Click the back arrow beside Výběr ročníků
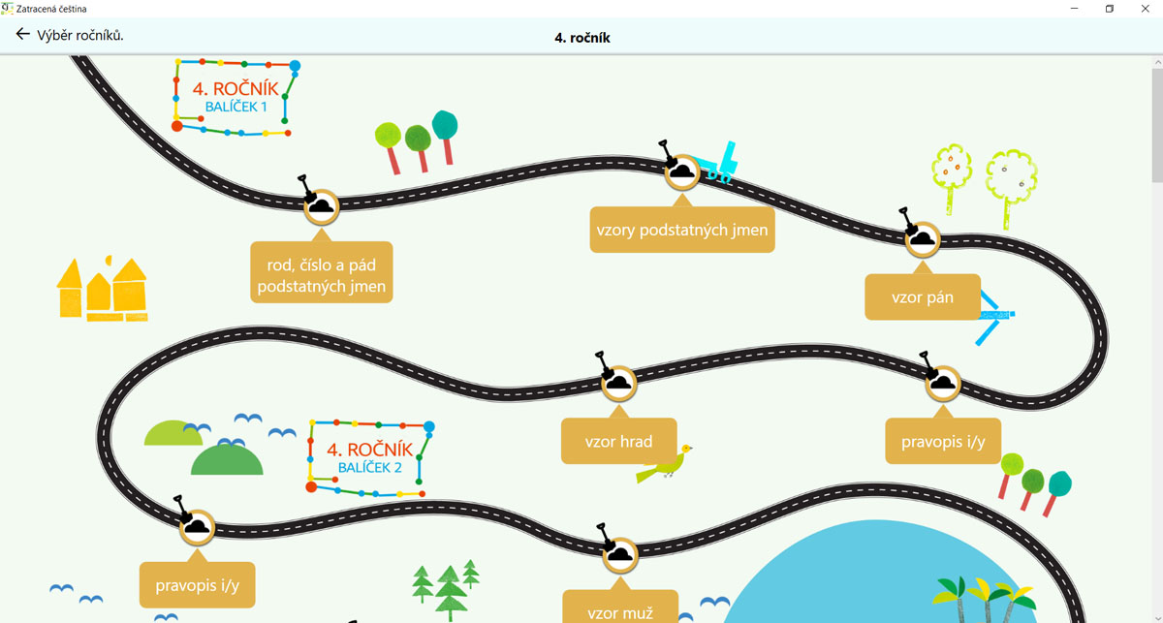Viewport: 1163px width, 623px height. [22, 34]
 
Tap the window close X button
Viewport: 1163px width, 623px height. [1145, 9]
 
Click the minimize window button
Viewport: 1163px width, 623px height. [1074, 9]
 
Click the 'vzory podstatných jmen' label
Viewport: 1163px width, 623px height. [682, 230]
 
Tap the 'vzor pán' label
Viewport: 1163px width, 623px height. [923, 296]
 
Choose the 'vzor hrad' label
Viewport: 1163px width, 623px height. [619, 441]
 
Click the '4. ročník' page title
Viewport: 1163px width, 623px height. [582, 38]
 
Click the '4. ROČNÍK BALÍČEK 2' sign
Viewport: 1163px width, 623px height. [370, 458]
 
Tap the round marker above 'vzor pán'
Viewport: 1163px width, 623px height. [923, 239]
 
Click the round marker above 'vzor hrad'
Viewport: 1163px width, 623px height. [619, 384]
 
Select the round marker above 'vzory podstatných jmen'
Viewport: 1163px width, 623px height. [682, 171]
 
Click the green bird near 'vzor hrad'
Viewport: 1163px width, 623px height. [665, 463]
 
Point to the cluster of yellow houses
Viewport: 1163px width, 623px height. [103, 289]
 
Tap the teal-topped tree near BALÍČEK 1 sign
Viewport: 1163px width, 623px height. [446, 137]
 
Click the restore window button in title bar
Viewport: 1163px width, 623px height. [1110, 9]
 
